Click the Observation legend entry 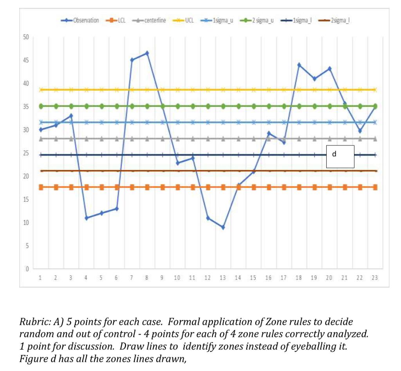[x=80, y=20]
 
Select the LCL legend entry [x=116, y=20]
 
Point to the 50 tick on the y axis [x=26, y=37]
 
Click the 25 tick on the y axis [x=26, y=153]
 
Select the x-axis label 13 [x=223, y=278]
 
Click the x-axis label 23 [x=375, y=278]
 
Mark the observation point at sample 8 [x=147, y=53]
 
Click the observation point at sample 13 [x=223, y=227]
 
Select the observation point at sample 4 [x=87, y=218]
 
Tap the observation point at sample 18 [x=299, y=65]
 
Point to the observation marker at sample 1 [x=41, y=130]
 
